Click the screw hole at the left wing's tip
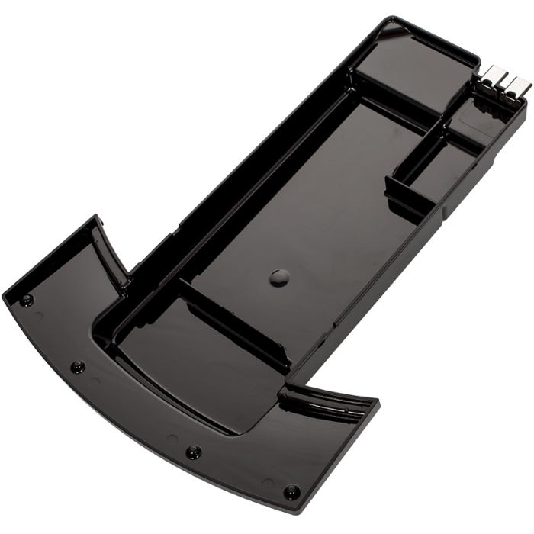(27, 299)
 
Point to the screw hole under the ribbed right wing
(291, 490)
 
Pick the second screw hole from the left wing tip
(78, 367)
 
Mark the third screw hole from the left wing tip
(193, 452)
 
